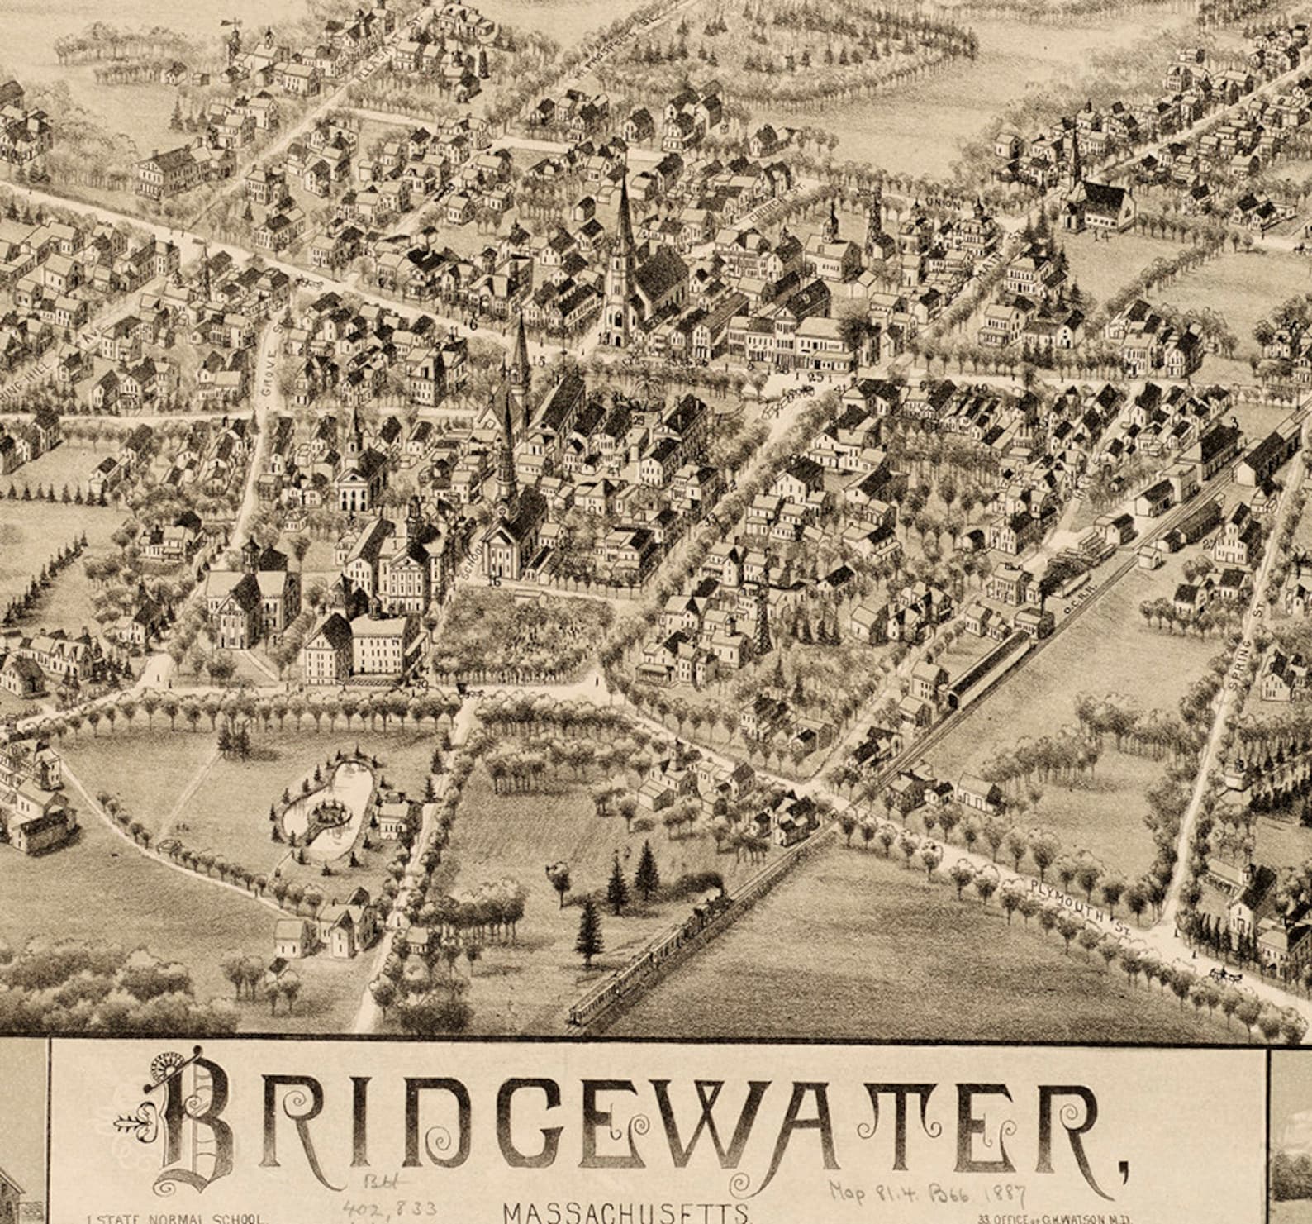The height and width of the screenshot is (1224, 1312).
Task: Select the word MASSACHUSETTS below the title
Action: tap(625, 1212)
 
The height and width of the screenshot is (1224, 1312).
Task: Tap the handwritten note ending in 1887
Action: tap(927, 1196)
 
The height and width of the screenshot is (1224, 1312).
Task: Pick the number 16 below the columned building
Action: tap(494, 582)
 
